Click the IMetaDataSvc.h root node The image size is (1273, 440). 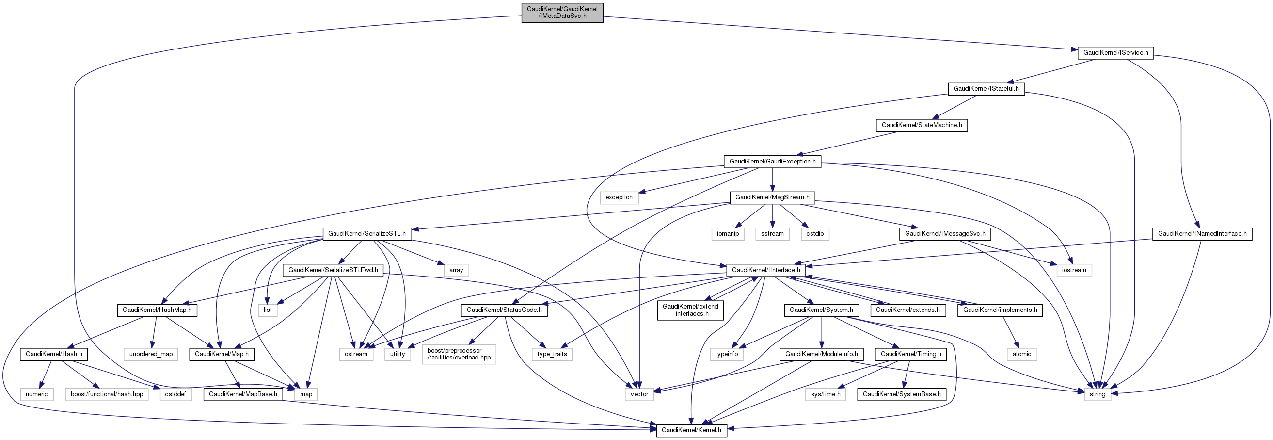click(562, 12)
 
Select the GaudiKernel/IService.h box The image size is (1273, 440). click(1115, 52)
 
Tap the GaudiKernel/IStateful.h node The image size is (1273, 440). click(986, 89)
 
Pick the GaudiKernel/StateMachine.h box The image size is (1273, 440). click(922, 125)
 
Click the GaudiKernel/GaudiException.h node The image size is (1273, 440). click(772, 162)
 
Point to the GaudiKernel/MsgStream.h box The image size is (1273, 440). click(772, 198)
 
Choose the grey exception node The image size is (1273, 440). click(619, 198)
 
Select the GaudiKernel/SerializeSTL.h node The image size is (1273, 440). click(366, 234)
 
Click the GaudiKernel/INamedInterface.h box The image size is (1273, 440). click(1202, 234)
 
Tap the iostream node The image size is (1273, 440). click(1074, 270)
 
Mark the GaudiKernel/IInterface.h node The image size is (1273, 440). click(766, 270)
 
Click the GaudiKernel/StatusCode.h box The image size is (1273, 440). click(504, 310)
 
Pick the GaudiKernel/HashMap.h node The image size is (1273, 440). click(157, 310)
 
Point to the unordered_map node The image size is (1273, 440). click(151, 354)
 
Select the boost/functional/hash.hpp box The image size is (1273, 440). click(107, 394)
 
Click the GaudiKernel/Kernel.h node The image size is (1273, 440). click(691, 430)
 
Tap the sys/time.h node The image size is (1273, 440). click(825, 394)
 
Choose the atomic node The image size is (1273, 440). click(1021, 354)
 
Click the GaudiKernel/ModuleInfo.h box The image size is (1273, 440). click(821, 354)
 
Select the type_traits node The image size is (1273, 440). click(552, 354)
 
